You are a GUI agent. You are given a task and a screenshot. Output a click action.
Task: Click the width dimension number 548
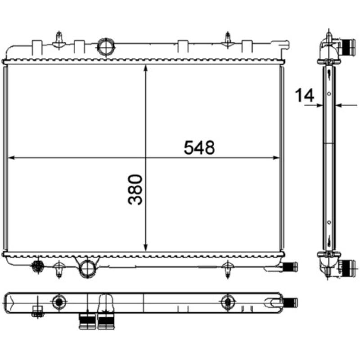pyautogui.click(x=199, y=148)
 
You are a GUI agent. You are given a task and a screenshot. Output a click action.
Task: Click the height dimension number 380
pyautogui.click(x=135, y=189)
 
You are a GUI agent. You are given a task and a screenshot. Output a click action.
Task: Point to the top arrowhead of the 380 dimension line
pyautogui.click(x=145, y=68)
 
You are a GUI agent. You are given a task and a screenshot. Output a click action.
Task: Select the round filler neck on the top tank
pyautogui.click(x=106, y=46)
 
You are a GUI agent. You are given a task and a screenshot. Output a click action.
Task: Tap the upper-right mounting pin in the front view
pyautogui.click(x=229, y=39)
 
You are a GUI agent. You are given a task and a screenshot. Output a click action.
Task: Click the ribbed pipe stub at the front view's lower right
pyautogui.click(x=292, y=266)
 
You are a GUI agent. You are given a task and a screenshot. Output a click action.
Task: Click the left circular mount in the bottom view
pyautogui.click(x=58, y=302)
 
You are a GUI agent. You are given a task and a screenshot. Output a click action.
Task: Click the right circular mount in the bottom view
pyautogui.click(x=228, y=302)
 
